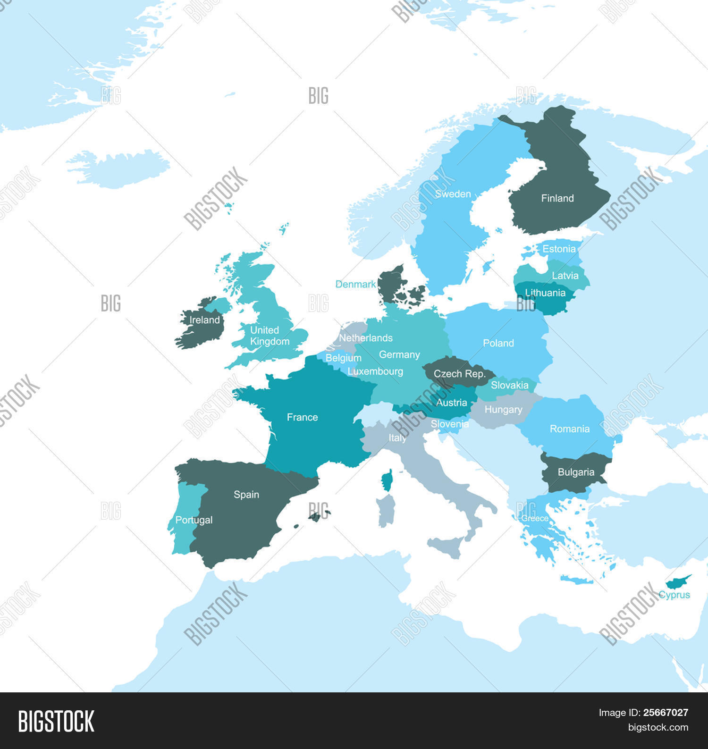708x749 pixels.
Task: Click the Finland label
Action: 557,198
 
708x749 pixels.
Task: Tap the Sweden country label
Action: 453,194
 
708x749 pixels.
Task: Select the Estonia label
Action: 559,249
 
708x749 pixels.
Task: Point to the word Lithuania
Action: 545,293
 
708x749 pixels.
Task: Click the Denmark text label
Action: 355,284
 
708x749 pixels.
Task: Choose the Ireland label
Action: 204,320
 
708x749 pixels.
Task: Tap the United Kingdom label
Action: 269,336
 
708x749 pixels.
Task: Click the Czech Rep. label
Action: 459,374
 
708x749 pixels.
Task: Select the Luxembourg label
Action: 375,371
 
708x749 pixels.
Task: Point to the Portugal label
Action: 194,520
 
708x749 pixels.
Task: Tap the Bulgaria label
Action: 576,472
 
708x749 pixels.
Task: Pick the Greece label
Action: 535,518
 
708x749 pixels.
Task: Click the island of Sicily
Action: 445,547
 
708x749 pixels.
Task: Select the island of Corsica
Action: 387,480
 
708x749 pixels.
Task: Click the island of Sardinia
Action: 386,511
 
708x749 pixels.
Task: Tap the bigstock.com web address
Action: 658,727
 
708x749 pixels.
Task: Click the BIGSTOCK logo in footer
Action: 56,721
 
